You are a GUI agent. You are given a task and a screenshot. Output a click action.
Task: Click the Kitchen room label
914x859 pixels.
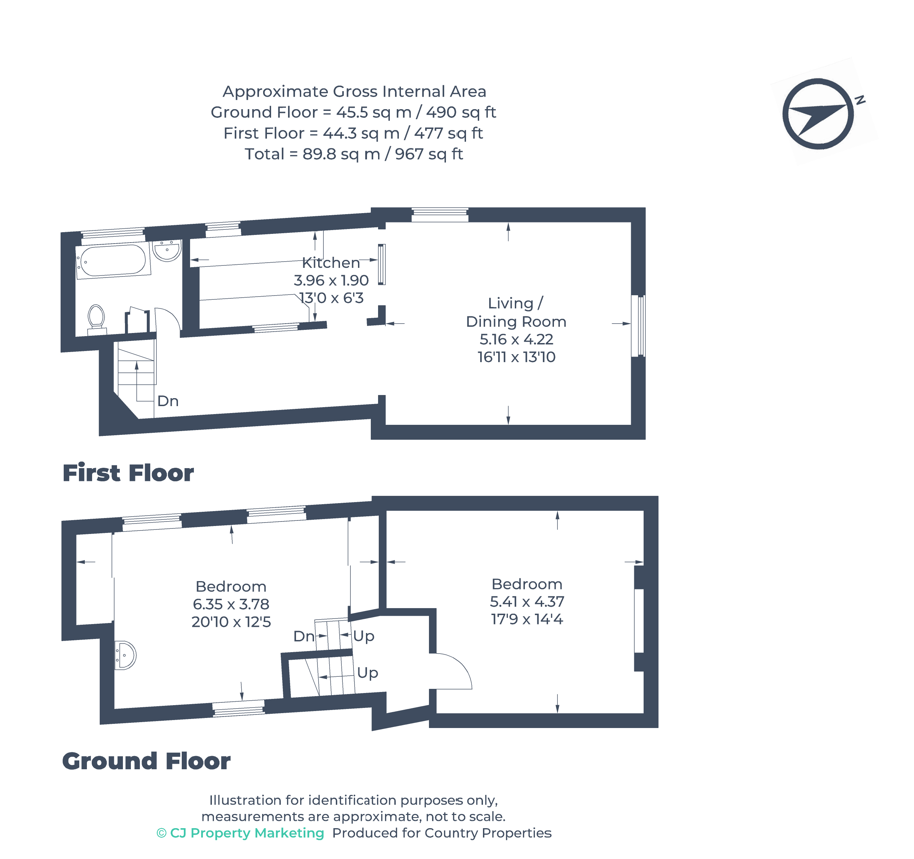click(x=331, y=263)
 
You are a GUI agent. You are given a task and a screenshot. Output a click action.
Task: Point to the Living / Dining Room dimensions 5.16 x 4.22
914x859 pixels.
click(x=516, y=339)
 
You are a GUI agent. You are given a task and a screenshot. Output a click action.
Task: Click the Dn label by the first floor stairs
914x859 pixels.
click(x=168, y=401)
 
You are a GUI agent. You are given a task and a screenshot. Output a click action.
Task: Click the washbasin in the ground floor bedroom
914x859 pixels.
click(x=125, y=655)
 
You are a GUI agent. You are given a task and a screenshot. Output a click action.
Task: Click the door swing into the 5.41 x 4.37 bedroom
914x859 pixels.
click(x=453, y=672)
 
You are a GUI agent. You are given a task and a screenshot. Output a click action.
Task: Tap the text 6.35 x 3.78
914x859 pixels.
click(x=231, y=604)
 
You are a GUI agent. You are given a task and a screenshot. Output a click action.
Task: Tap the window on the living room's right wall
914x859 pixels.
click(x=638, y=326)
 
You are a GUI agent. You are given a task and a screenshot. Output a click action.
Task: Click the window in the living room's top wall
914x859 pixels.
click(x=440, y=214)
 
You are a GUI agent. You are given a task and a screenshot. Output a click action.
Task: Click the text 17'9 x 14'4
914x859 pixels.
click(x=527, y=619)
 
